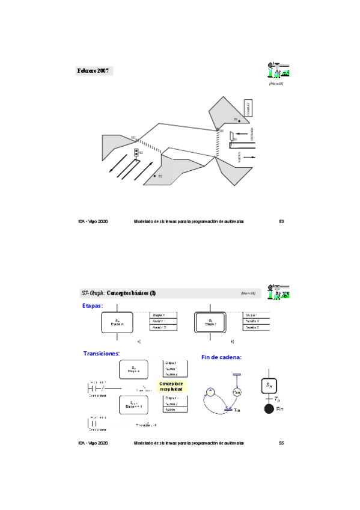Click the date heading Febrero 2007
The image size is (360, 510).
(93, 71)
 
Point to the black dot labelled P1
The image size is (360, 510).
(239, 121)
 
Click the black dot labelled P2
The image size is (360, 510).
(155, 176)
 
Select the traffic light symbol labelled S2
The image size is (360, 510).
(136, 153)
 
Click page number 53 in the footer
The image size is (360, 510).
(281, 221)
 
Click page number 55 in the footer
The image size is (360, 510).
(281, 443)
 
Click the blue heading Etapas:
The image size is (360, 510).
(93, 306)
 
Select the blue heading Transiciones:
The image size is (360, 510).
(102, 354)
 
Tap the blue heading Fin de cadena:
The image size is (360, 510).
(221, 357)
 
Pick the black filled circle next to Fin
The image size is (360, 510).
(269, 409)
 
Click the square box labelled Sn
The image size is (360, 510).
(269, 384)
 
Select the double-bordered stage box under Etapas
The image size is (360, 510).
(210, 322)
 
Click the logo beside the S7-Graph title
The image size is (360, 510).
(278, 291)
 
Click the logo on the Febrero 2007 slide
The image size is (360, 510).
(278, 70)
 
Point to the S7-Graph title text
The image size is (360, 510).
(119, 293)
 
